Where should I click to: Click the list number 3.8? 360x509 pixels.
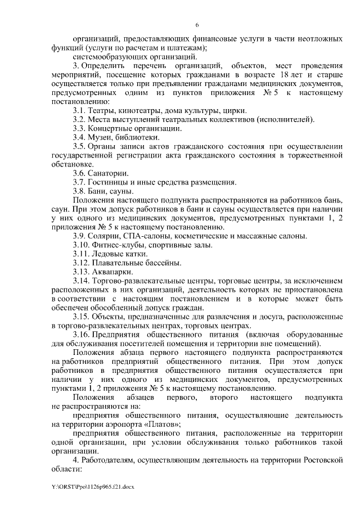[x=80, y=191]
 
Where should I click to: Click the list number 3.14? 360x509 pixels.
[x=82, y=281]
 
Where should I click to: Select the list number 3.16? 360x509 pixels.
[x=82, y=335]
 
